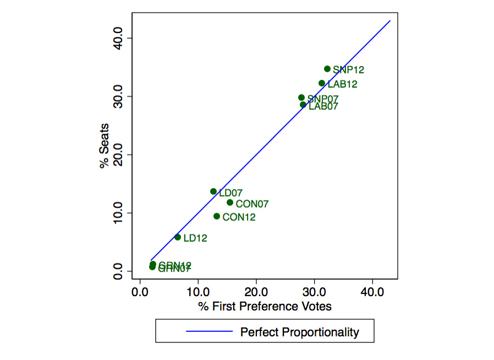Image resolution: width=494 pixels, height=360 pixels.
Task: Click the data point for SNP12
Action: (x=327, y=69)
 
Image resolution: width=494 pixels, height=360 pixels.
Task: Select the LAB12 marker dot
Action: (x=322, y=83)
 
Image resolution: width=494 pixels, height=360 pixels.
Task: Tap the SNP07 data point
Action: (x=301, y=97)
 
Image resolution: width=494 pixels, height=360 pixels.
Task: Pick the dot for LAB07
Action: (x=303, y=105)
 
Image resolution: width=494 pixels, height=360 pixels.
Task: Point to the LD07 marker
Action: (x=213, y=192)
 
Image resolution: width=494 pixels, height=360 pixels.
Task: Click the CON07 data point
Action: (x=230, y=203)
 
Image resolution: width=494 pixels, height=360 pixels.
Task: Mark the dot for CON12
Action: (x=217, y=216)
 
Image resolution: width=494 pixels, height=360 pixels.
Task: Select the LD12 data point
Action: (x=178, y=237)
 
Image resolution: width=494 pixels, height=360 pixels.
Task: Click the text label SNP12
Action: (x=348, y=70)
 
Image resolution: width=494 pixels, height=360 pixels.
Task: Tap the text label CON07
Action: (x=252, y=204)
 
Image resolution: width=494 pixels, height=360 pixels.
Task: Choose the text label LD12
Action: (x=195, y=238)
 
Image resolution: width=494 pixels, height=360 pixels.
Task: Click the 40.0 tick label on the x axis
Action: (x=372, y=291)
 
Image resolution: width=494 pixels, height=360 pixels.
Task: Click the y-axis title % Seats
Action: (x=105, y=145)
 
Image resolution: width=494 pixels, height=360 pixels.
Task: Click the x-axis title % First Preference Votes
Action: (x=265, y=306)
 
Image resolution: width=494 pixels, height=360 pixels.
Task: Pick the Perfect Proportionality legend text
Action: (x=299, y=332)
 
